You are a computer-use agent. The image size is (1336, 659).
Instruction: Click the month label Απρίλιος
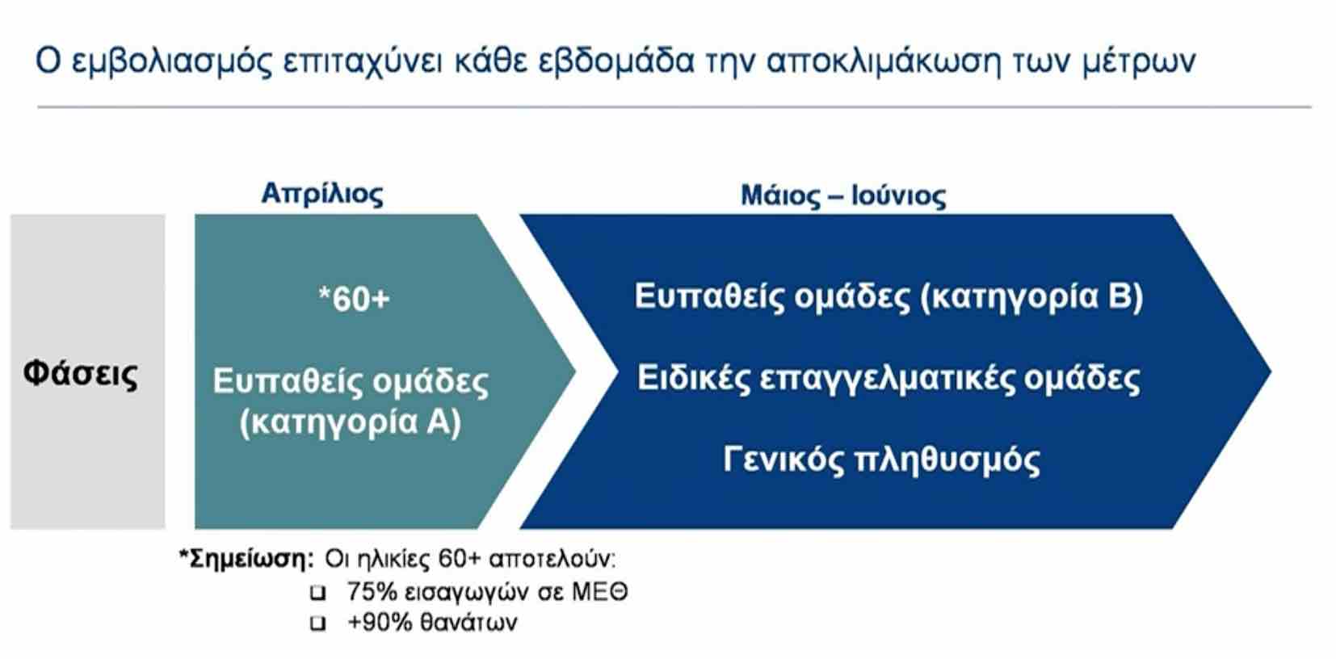tap(322, 195)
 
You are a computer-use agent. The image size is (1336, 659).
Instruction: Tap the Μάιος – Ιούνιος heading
tap(843, 195)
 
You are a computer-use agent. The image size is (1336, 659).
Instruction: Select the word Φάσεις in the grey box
tap(81, 374)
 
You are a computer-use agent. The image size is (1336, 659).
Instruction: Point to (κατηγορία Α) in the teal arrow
tap(351, 422)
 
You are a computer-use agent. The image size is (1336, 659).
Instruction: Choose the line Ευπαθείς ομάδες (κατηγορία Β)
tap(889, 296)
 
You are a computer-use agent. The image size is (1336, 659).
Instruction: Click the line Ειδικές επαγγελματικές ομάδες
tap(889, 378)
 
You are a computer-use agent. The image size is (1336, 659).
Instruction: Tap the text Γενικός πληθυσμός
tap(881, 460)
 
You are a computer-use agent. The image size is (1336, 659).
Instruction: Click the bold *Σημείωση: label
tap(246, 559)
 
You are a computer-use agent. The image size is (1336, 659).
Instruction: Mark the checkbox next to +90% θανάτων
tap(318, 623)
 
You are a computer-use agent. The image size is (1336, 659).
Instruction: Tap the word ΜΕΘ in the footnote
tap(599, 592)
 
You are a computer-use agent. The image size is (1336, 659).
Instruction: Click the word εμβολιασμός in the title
tap(172, 61)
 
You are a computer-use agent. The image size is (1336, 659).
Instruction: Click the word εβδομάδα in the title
tap(616, 61)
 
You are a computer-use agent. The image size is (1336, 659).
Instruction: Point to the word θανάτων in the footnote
tap(468, 623)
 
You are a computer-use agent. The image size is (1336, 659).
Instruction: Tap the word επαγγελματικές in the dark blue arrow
tap(887, 380)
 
